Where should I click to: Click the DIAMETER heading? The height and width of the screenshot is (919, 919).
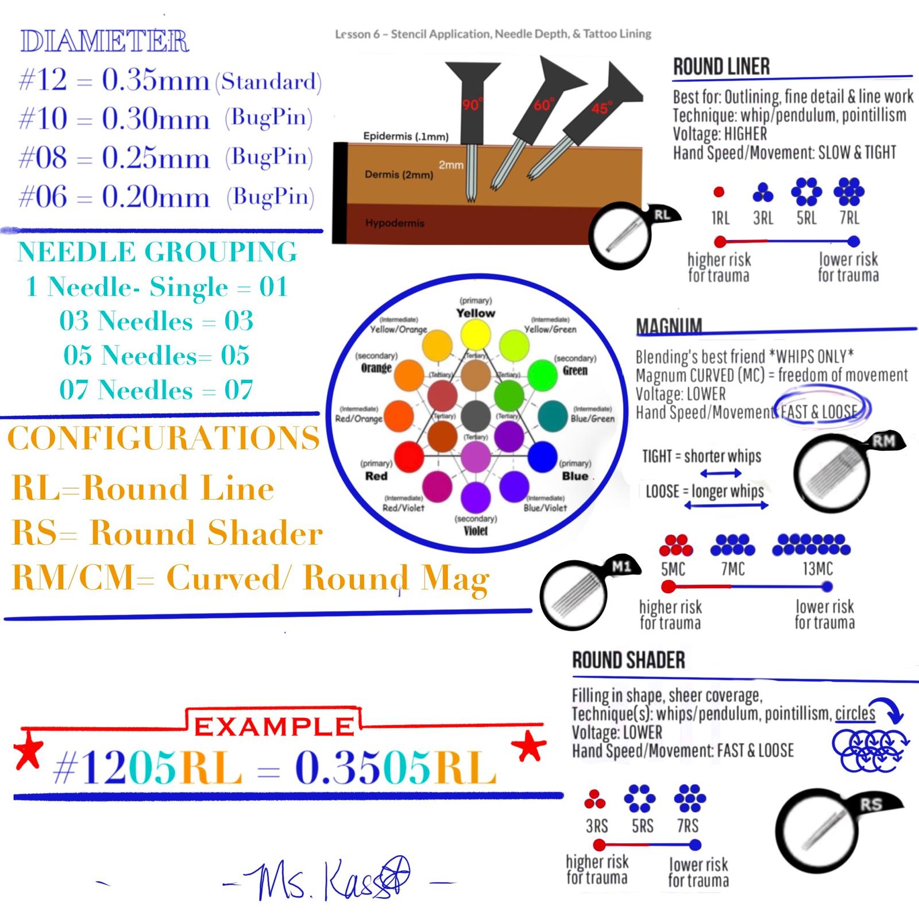(105, 41)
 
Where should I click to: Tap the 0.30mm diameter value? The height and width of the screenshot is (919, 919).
(155, 119)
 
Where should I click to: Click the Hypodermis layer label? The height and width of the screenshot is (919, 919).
(395, 223)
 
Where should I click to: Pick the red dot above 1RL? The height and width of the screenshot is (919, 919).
(719, 192)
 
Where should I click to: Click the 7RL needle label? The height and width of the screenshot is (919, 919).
(849, 218)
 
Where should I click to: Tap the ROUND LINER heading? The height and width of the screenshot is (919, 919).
(721, 67)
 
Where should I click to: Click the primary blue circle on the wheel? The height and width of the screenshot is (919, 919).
(542, 458)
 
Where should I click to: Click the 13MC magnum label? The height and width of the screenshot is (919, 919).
(817, 569)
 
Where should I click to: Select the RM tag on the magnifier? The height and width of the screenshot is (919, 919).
(883, 442)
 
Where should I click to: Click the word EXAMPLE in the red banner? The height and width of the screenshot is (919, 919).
(273, 727)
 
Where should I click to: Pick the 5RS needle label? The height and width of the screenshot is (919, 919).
(642, 826)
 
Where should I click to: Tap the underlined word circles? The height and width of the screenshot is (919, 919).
(855, 713)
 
